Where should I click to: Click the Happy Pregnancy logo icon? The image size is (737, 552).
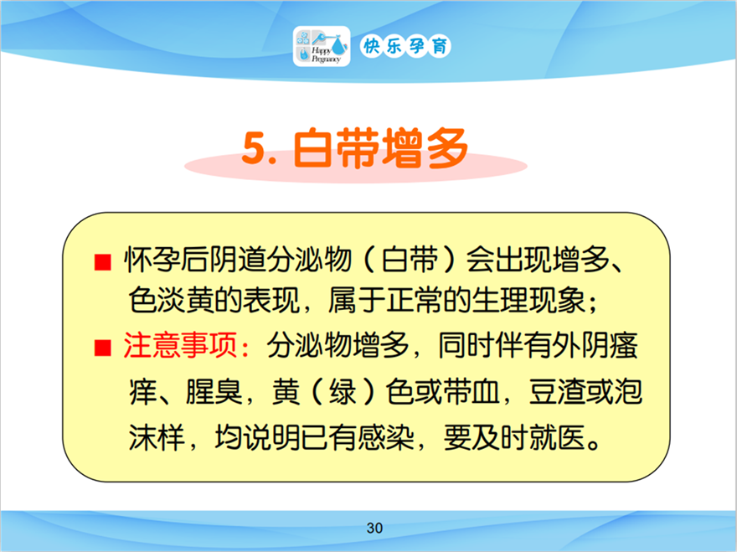point(322,46)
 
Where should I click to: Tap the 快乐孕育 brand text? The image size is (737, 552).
point(405,46)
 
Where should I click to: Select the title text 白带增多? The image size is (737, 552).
point(380,147)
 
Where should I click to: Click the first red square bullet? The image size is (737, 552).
point(102,262)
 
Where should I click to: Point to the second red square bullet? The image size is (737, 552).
point(102,348)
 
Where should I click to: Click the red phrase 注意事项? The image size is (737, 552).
point(180,346)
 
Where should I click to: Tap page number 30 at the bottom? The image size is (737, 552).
point(374,528)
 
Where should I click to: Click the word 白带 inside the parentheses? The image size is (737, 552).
point(410,260)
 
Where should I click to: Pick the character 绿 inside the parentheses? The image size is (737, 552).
point(343,392)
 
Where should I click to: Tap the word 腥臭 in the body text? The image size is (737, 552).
point(214,392)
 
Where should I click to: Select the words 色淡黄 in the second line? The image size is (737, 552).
point(171,300)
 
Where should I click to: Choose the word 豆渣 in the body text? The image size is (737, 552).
point(557,392)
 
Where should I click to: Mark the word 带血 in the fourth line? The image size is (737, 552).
point(472,392)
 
